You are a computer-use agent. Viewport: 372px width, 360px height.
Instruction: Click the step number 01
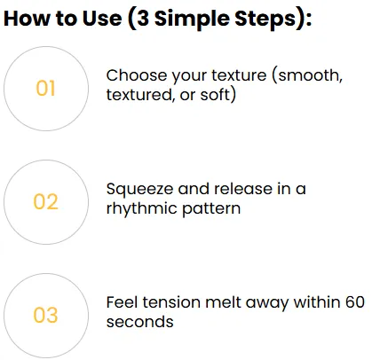coord(45,88)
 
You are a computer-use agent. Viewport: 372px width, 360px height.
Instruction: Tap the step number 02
coord(45,201)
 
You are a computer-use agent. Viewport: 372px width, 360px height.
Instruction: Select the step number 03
coord(45,315)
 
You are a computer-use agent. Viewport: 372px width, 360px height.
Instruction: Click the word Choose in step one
coord(137,75)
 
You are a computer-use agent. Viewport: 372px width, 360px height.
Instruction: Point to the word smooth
coord(310,75)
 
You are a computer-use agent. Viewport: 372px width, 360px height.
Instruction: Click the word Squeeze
coord(139,190)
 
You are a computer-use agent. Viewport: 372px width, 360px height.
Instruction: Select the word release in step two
coord(243,189)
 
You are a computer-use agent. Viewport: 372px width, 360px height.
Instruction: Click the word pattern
coord(211,209)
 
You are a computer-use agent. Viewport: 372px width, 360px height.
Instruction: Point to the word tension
coord(171,302)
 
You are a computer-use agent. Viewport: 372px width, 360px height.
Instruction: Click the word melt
coord(223,302)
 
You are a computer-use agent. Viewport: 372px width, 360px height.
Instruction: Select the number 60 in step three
coord(354,302)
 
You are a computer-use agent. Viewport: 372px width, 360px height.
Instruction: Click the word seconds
coord(140,322)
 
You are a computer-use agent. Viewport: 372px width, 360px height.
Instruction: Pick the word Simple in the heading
coord(192,20)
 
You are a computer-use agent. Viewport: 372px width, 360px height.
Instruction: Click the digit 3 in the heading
coord(144,19)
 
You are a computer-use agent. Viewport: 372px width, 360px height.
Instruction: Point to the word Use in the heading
coord(102,19)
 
